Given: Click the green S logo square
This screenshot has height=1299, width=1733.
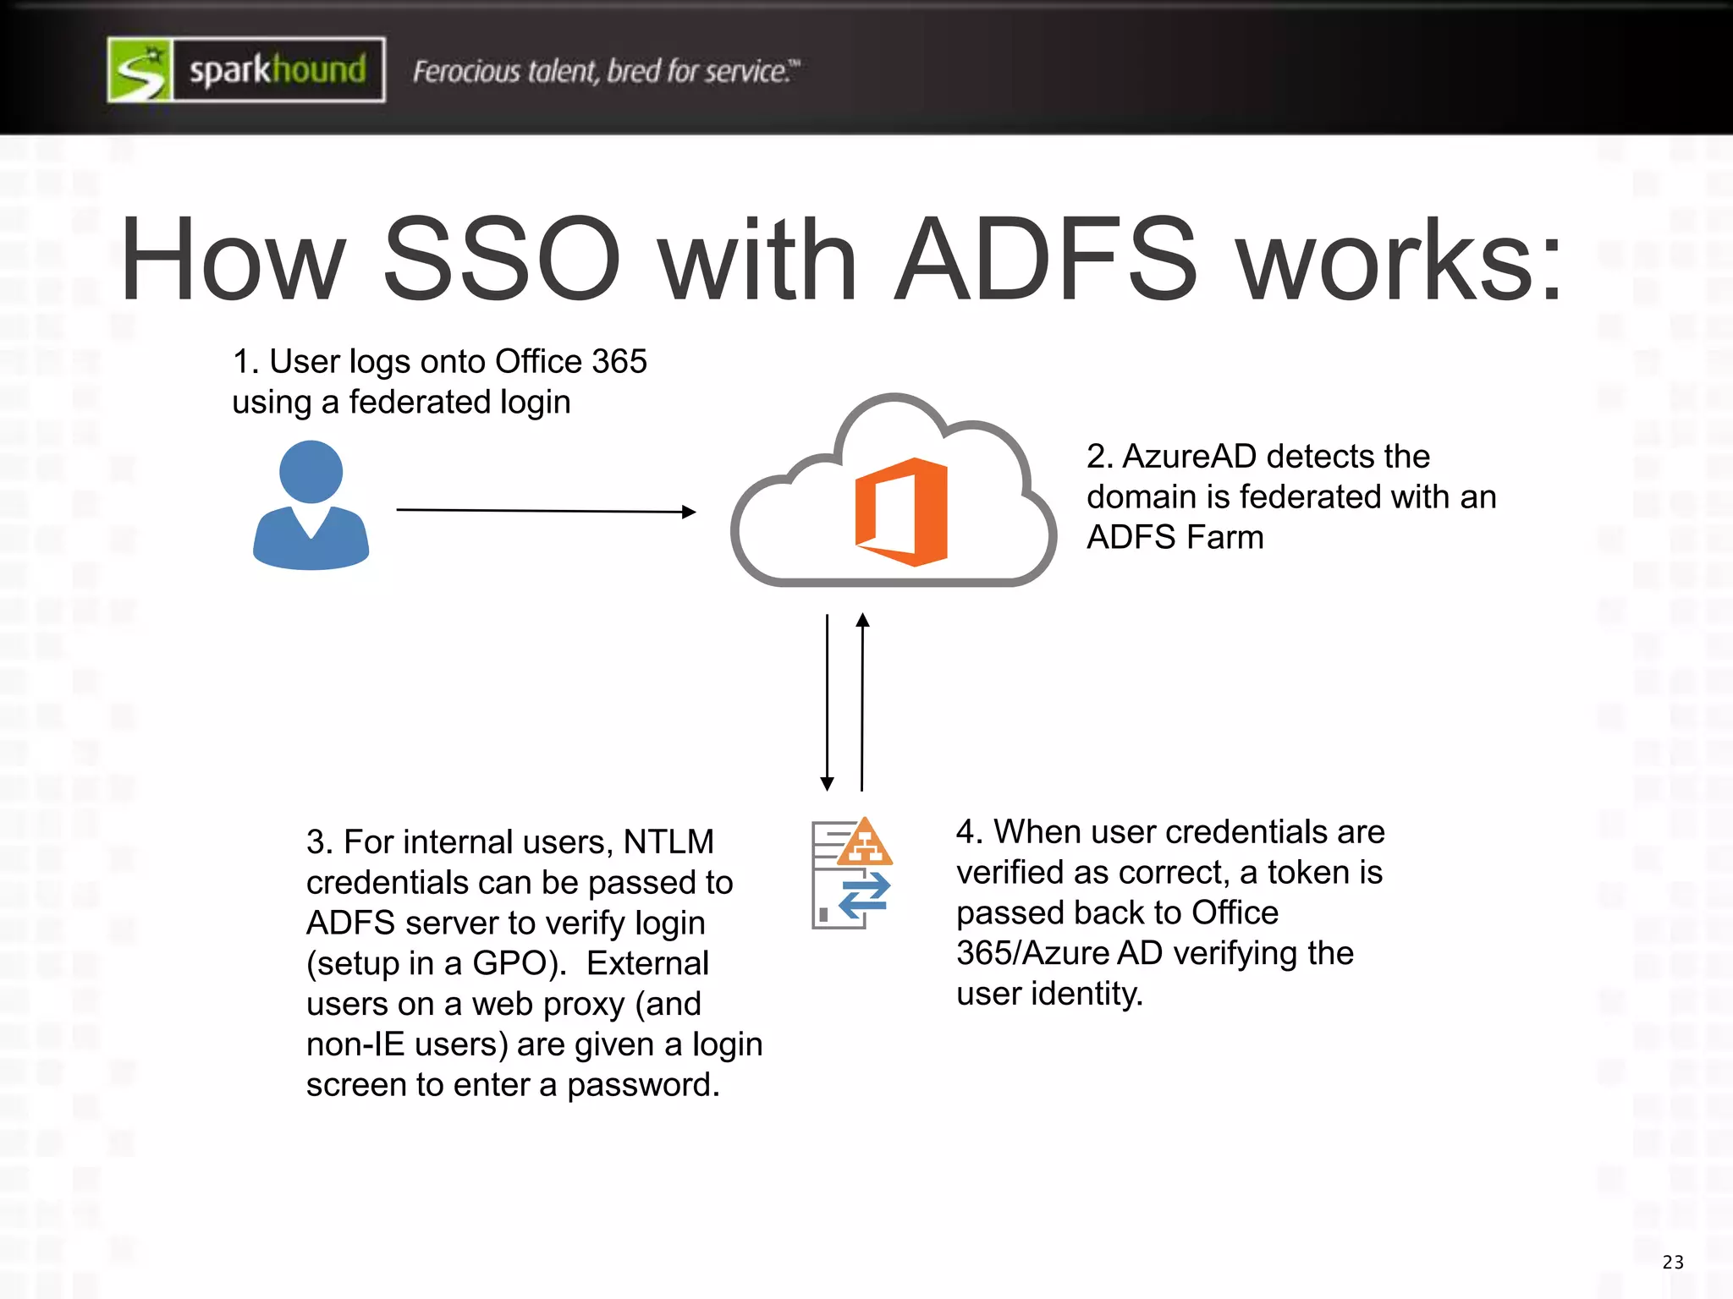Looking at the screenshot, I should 140,70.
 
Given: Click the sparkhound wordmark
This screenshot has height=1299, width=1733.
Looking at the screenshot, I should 278,70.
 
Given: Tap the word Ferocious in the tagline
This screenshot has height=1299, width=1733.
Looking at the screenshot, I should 466,72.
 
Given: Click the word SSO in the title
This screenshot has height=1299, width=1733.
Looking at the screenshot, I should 502,260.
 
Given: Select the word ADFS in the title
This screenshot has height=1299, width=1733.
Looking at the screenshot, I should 1047,260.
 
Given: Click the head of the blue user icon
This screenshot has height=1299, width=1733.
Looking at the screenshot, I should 311,471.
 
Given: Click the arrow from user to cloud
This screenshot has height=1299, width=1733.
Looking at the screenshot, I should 546,511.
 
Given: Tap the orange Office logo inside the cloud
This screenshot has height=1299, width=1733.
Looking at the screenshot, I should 902,511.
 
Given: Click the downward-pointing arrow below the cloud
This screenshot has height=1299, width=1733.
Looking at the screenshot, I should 828,702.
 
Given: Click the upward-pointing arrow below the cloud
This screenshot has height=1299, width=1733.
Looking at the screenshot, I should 862,702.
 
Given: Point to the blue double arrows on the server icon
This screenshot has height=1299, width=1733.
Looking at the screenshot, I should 864,896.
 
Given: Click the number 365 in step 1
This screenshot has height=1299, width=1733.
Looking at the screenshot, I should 619,362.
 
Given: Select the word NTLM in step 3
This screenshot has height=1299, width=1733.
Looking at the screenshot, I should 668,842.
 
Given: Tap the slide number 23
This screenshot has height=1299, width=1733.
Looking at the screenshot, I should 1673,1263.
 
